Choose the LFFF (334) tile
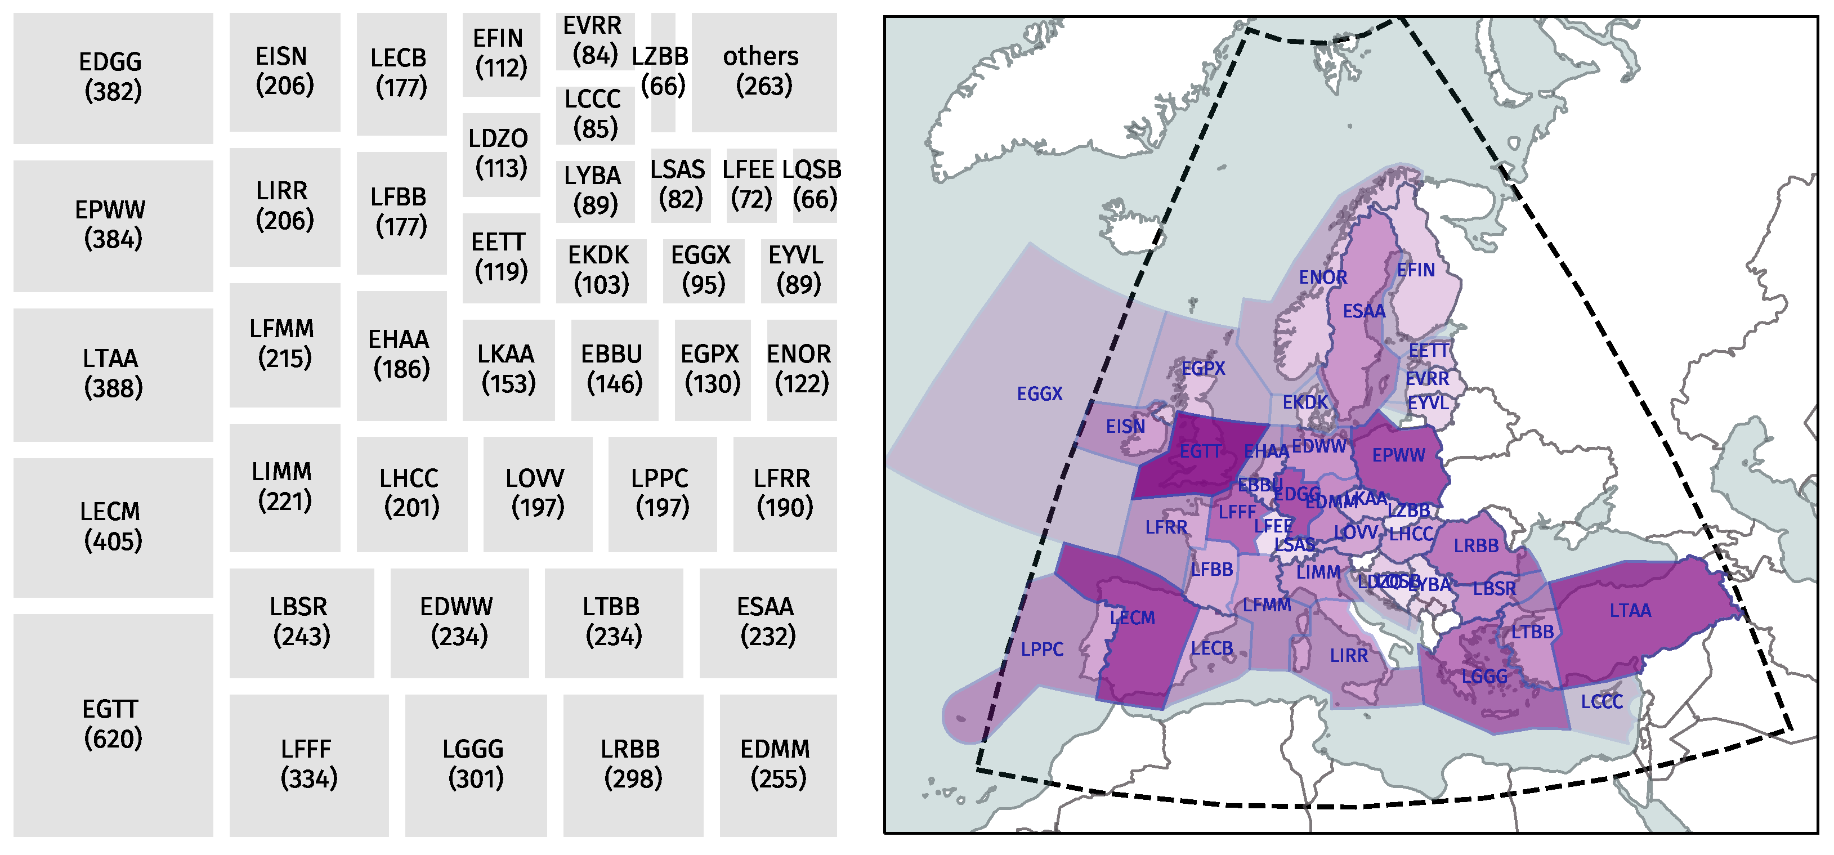point(308,764)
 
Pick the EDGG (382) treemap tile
point(113,77)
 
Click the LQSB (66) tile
point(814,185)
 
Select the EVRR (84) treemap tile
point(594,41)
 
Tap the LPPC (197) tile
point(661,493)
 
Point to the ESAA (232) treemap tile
point(767,621)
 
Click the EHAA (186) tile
point(401,354)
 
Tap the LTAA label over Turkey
point(1630,611)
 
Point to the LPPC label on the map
point(1041,649)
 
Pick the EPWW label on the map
point(1398,455)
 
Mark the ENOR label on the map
point(1322,277)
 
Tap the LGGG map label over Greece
point(1484,677)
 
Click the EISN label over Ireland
point(1125,427)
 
